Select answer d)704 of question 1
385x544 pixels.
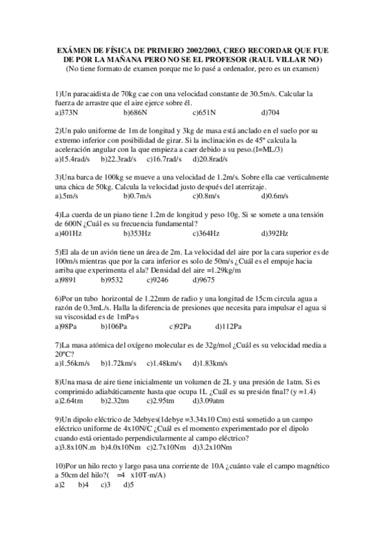270,112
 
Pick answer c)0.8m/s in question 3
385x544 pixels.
206,195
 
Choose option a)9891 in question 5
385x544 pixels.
67,280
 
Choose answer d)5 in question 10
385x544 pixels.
127,484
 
